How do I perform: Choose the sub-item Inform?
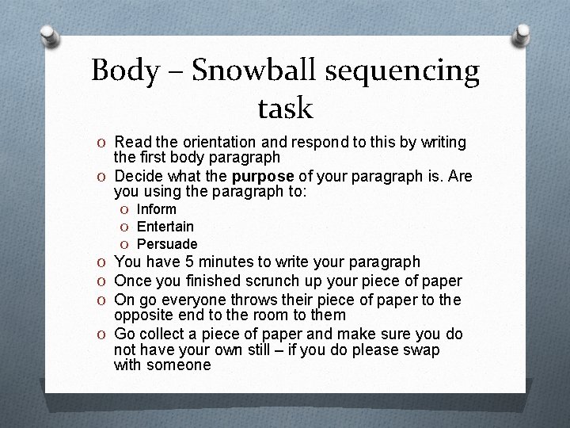156,209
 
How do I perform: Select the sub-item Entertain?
165,227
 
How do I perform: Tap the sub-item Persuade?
166,244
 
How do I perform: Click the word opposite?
142,315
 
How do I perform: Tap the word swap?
424,350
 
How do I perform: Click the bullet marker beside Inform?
125,210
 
